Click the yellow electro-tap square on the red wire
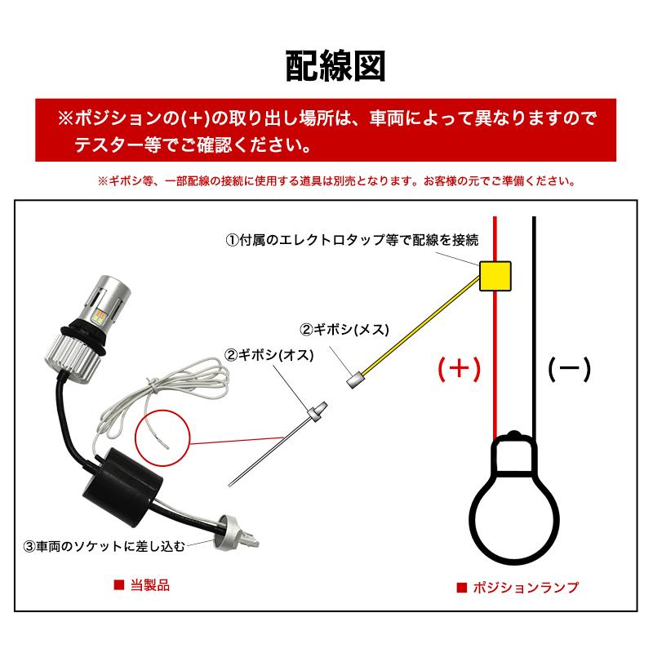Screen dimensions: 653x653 coord(495,274)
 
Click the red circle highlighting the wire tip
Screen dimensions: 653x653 coord(167,438)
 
